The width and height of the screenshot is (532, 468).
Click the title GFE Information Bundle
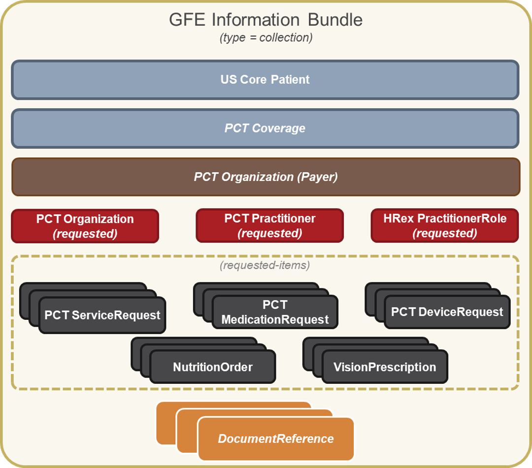tap(266, 20)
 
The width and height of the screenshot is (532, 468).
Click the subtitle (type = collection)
tap(266, 38)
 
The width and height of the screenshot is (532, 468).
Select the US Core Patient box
tap(265, 80)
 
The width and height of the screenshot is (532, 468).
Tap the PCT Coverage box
tap(265, 128)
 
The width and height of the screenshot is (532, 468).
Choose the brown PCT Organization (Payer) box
tap(266, 177)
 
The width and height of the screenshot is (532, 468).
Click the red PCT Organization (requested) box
tap(85, 226)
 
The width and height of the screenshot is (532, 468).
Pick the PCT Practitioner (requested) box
tap(269, 226)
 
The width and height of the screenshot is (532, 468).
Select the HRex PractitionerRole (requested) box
tap(444, 226)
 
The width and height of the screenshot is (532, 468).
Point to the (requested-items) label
tap(265, 266)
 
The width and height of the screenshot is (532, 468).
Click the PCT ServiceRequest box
tap(102, 315)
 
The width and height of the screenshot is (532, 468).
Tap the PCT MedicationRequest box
tap(275, 312)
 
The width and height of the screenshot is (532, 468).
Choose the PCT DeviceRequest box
tap(447, 312)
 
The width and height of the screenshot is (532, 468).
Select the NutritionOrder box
tap(212, 367)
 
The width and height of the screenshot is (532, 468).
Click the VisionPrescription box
tap(384, 367)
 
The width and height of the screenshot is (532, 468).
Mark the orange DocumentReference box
tap(276, 438)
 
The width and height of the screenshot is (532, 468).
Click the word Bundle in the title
tap(335, 20)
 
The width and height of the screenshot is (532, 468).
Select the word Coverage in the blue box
tap(278, 128)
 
